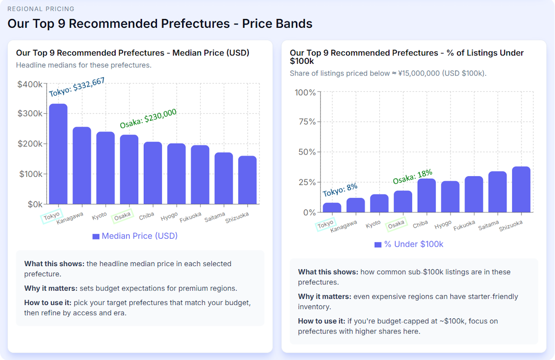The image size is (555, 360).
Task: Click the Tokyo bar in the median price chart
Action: (58, 154)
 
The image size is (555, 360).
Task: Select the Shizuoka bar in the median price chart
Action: (247, 180)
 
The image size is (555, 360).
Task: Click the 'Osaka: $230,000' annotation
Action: (148, 118)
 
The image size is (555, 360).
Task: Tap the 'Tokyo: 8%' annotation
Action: (340, 189)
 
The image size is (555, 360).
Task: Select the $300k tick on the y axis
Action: (30, 114)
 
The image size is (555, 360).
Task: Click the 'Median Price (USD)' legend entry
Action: (135, 236)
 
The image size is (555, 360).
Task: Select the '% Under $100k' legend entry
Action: (408, 244)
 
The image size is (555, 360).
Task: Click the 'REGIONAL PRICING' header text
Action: (41, 9)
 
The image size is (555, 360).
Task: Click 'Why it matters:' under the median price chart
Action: (51, 288)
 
